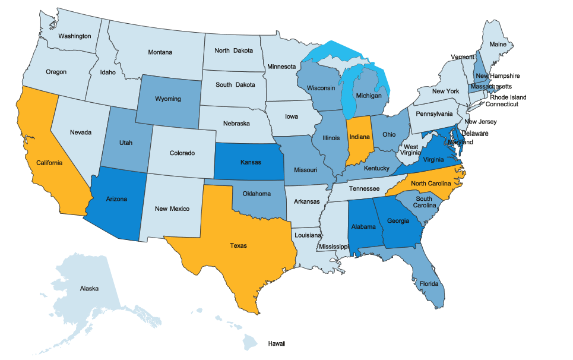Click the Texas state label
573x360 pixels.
coord(238,245)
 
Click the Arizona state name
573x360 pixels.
coord(116,199)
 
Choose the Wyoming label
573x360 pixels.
coord(167,99)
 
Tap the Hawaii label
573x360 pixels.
coord(277,344)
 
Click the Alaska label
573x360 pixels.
coord(90,289)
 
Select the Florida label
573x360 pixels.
coord(429,284)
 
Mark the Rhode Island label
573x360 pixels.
coord(507,97)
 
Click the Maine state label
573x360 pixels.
coord(498,45)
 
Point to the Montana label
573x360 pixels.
coord(160,52)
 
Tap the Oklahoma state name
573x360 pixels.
coord(257,194)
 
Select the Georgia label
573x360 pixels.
coord(398,222)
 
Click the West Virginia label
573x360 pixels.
coord(411,150)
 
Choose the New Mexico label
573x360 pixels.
coord(172,209)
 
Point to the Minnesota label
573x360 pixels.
coord(281,66)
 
